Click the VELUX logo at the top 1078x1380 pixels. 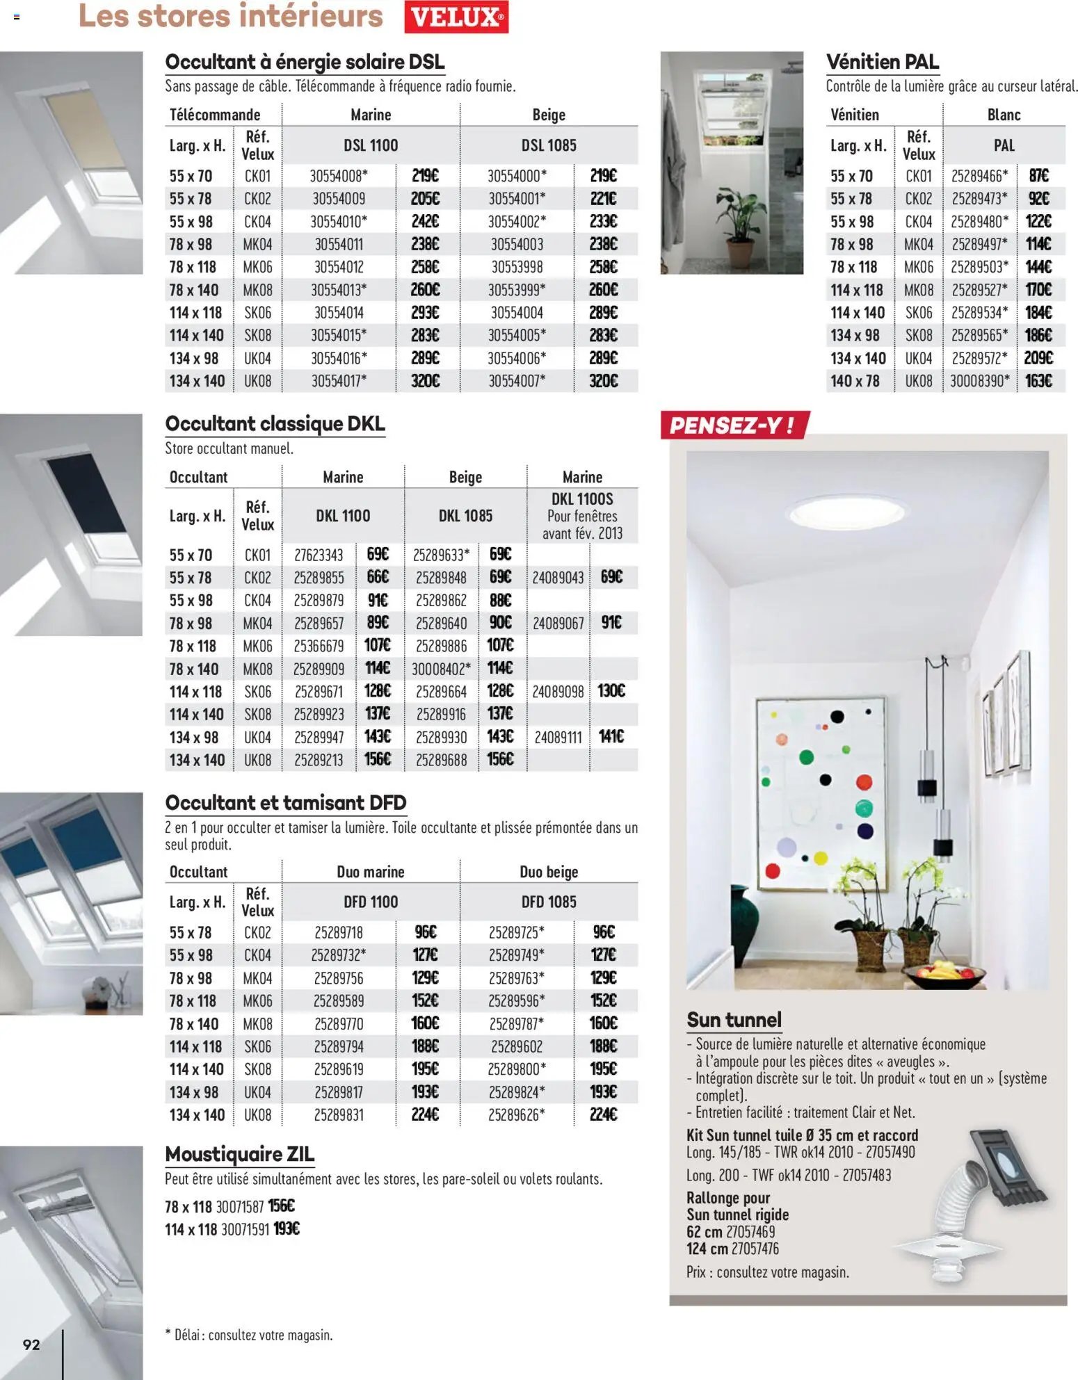pos(456,17)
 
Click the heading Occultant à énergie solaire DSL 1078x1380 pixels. pos(305,62)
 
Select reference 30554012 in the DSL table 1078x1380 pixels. pos(338,267)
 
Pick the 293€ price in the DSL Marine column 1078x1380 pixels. pos(424,313)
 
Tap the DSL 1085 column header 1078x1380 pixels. pos(548,145)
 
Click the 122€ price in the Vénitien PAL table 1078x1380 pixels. pos(1038,222)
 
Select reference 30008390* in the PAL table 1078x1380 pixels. pos(979,381)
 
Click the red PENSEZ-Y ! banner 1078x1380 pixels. pos(733,425)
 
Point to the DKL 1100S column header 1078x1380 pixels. pos(581,515)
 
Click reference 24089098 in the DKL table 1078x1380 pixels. pos(558,692)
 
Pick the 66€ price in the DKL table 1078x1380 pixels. pos(378,577)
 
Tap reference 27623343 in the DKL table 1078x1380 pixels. pos(319,555)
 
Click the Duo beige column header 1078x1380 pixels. pos(548,872)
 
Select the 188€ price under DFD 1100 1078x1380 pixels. pos(424,1046)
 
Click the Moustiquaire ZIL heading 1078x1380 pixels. pos(239,1154)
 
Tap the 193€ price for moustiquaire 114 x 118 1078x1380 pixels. pos(286,1229)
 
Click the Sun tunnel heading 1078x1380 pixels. pos(734,1020)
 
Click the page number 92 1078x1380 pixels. pos(31,1344)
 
